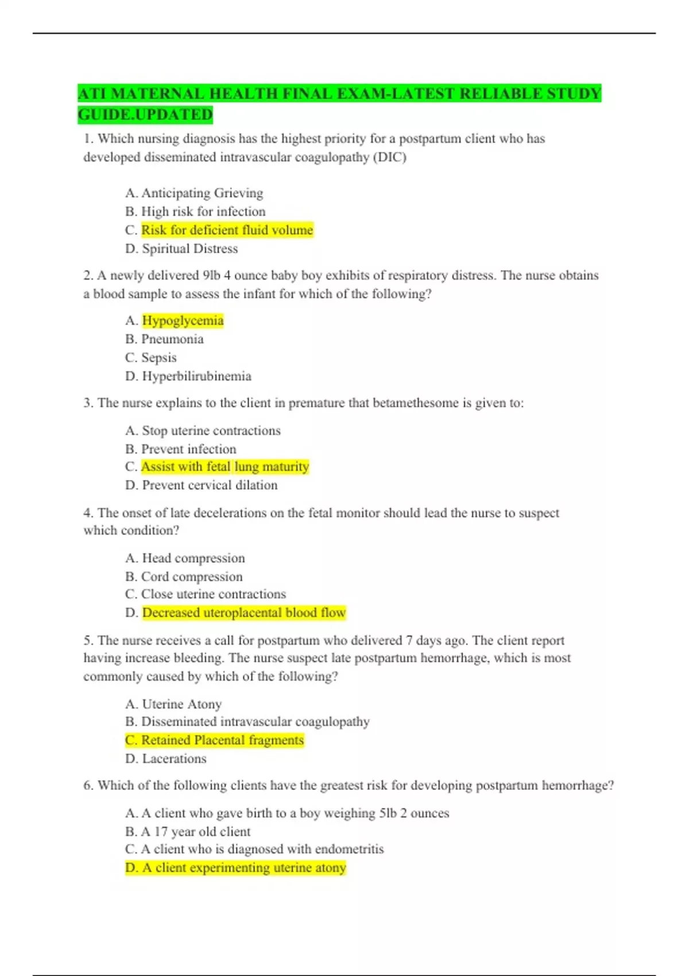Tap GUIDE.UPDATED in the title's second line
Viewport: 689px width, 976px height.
pos(145,115)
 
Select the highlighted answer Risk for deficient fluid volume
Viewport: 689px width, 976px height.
pos(227,230)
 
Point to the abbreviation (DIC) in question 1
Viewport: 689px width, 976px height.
pos(390,157)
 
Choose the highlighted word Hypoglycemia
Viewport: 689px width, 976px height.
pos(183,320)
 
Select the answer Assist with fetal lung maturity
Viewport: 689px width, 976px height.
pos(225,467)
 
